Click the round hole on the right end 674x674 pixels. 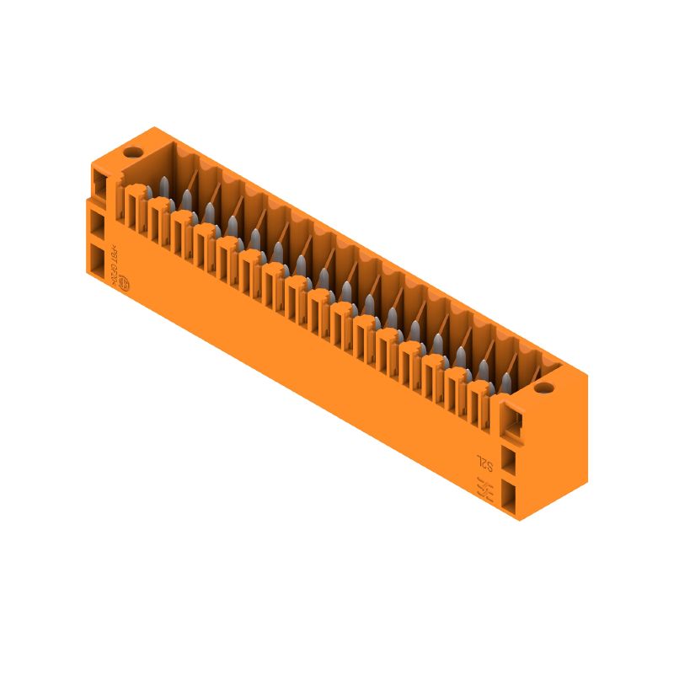[x=543, y=389]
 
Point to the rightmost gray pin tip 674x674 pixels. [x=505, y=381]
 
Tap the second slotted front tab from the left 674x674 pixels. [x=158, y=221]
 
